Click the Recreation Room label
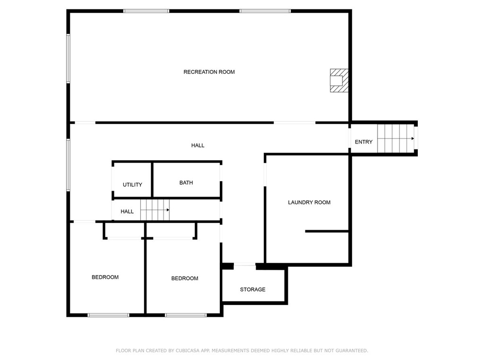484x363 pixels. [209, 72]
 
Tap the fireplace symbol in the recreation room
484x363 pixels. [339, 80]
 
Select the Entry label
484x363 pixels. [363, 142]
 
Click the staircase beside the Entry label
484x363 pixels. [396, 138]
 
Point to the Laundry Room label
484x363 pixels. [309, 202]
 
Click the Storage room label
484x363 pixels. [252, 290]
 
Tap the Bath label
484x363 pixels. [186, 183]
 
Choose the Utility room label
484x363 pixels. [132, 185]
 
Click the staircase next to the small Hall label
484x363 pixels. [155, 210]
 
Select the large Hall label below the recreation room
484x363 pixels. [198, 146]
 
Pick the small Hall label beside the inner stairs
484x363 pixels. [127, 211]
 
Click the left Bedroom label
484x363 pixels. [105, 277]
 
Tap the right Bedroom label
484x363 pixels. [185, 278]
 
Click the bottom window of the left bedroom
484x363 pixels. [108, 315]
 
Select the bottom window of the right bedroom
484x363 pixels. [185, 315]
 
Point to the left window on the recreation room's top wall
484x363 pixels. [146, 11]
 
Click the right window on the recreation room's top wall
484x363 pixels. [265, 11]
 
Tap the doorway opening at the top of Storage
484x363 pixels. [244, 265]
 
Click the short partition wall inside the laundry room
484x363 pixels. [327, 231]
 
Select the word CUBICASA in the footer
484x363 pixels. [188, 351]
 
